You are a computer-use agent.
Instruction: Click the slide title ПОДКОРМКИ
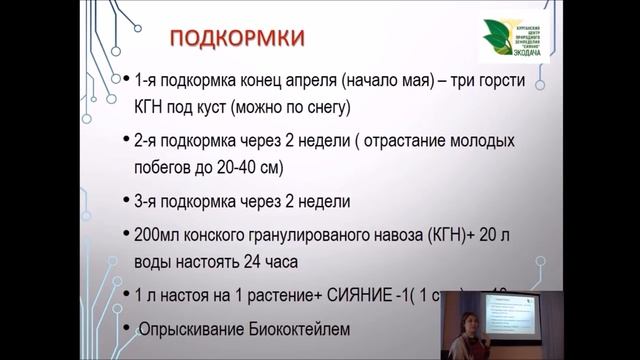coord(238,38)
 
